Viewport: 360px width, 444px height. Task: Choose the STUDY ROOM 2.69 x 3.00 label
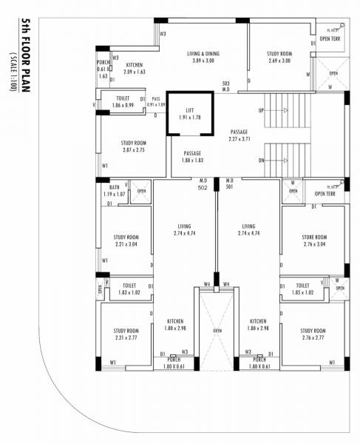(x=279, y=57)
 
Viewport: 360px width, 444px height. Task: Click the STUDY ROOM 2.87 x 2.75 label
(x=133, y=147)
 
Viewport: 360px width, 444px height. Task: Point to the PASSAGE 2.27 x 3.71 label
(x=240, y=135)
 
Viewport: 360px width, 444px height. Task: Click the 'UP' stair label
(x=261, y=110)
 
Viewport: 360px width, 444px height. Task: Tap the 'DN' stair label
(x=261, y=161)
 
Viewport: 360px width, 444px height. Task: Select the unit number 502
(x=202, y=188)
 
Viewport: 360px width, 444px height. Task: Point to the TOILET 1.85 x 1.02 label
(x=302, y=289)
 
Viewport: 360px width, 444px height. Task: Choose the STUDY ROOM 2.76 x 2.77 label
(x=302, y=334)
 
